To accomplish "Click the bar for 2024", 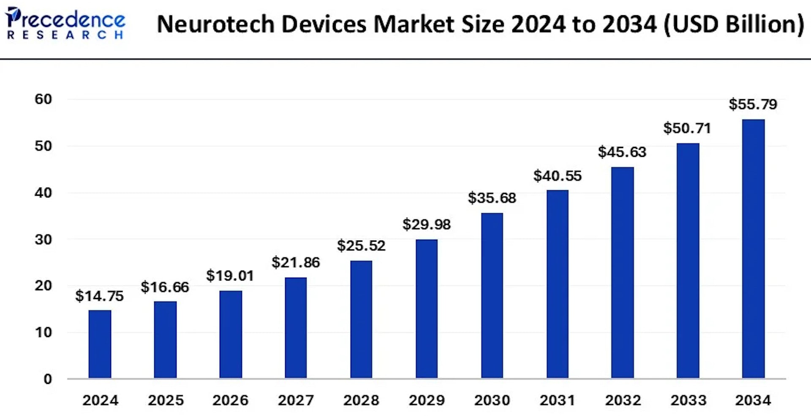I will pyautogui.click(x=100, y=344).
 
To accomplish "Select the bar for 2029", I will pyautogui.click(x=427, y=308).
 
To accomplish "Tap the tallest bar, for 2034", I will pyautogui.click(x=753, y=249).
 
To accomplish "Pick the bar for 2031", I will pyautogui.click(x=557, y=284).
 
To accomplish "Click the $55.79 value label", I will pyautogui.click(x=753, y=104).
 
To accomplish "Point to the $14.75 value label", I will pyautogui.click(x=99, y=296).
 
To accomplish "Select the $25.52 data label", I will pyautogui.click(x=361, y=246).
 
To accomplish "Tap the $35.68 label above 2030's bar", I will pyautogui.click(x=492, y=198).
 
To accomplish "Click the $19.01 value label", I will pyautogui.click(x=230, y=276).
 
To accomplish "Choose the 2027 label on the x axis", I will pyautogui.click(x=296, y=400).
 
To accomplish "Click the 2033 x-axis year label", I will pyautogui.click(x=688, y=400).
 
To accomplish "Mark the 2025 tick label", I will pyautogui.click(x=166, y=400).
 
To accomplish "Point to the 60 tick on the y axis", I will pyautogui.click(x=43, y=99).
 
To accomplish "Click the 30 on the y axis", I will pyautogui.click(x=43, y=240).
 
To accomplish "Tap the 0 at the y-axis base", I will pyautogui.click(x=48, y=379).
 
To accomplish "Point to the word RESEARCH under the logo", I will pyautogui.click(x=65, y=35).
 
